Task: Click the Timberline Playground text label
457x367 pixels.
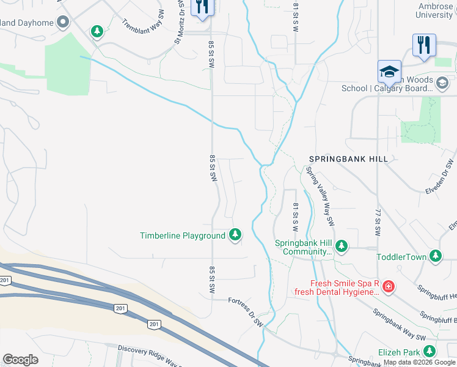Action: click(183, 235)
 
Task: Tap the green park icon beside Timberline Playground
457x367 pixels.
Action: click(235, 235)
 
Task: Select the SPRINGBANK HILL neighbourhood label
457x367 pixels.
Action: click(348, 159)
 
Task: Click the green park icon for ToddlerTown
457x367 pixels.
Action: click(436, 256)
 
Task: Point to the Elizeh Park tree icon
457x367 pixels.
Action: click(430, 352)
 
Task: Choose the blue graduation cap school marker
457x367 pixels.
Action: click(389, 72)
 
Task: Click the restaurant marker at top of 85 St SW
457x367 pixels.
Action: click(202, 8)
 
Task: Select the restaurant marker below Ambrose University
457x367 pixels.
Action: click(423, 45)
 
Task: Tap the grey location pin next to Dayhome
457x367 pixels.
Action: click(62, 23)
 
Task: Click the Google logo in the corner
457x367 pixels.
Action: click(20, 360)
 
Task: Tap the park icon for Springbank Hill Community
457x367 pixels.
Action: click(341, 247)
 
